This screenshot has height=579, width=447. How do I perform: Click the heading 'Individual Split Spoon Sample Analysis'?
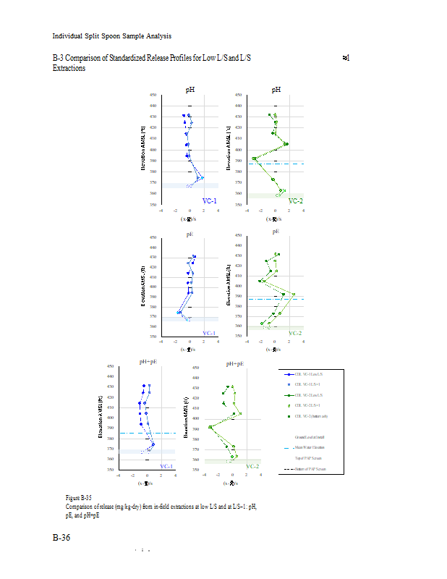tap(111, 36)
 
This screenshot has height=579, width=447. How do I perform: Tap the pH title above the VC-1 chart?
tap(190, 90)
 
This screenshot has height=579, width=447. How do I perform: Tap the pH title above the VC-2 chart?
tap(276, 90)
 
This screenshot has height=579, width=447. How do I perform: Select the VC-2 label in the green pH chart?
tap(295, 200)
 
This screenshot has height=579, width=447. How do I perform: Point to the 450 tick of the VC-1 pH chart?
tap(153, 95)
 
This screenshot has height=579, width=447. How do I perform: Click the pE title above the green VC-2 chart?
tap(276, 231)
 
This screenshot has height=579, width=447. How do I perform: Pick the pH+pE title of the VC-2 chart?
tap(234, 363)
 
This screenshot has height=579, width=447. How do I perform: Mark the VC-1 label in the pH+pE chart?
tap(166, 466)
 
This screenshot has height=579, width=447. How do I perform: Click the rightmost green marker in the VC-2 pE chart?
tap(293, 295)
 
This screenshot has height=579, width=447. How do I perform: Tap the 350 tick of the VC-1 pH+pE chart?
tap(111, 470)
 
